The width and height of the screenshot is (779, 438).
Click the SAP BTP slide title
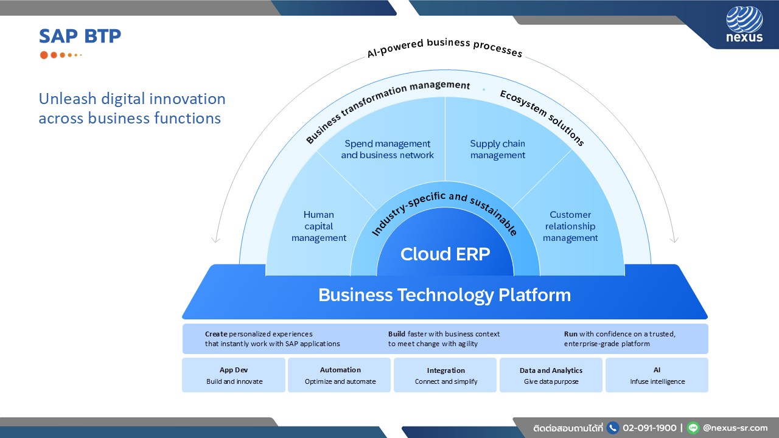80,36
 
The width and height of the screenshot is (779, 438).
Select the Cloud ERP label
445,254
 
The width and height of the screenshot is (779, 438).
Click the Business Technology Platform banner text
444,295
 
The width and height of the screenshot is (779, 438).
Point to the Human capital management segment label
319,226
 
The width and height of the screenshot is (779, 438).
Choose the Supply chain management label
497,150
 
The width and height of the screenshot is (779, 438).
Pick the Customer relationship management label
570,226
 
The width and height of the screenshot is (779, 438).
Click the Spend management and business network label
387,150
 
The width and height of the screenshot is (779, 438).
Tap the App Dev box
234,375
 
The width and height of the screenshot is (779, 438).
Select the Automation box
340,375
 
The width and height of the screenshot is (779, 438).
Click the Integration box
445,375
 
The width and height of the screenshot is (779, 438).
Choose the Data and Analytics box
551,375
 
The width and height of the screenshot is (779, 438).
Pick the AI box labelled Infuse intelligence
657,375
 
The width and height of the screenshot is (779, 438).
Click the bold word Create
216,334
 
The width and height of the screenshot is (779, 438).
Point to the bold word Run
570,334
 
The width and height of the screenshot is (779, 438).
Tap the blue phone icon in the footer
613,428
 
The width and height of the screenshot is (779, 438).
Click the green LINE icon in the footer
693,428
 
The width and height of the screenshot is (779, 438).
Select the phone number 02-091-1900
649,428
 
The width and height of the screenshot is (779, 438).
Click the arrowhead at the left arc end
215,240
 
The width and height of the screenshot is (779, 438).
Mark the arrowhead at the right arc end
674,240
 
